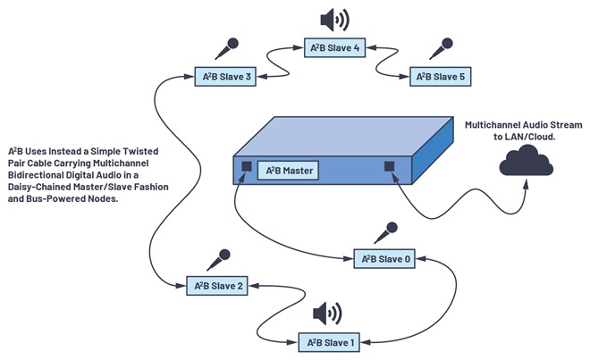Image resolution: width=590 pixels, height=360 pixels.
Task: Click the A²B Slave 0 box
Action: [384, 258]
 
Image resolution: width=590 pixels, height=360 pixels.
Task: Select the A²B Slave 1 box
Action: [329, 342]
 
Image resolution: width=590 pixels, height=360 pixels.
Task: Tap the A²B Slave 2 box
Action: [217, 286]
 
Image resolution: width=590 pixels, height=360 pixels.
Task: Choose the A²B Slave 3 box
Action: [225, 76]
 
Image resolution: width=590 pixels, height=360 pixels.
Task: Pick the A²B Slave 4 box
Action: [334, 47]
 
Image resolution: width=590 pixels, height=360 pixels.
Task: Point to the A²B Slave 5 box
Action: [440, 76]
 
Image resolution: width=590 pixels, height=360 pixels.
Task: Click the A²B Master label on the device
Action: [288, 171]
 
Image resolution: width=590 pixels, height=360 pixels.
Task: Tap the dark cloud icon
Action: [526, 161]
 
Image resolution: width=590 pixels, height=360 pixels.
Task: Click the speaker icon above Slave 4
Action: [334, 20]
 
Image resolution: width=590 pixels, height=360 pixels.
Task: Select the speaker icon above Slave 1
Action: [327, 314]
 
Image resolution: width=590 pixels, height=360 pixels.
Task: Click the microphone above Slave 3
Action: [227, 48]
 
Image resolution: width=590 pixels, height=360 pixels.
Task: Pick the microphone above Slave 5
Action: [441, 48]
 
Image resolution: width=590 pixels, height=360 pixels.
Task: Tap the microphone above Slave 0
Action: [385, 233]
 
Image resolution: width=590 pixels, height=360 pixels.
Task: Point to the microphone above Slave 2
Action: [219, 260]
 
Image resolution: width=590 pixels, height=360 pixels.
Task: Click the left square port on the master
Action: [247, 166]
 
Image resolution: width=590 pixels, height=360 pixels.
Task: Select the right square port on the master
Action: [390, 166]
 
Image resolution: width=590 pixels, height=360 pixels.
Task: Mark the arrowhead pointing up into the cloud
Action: [526, 184]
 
